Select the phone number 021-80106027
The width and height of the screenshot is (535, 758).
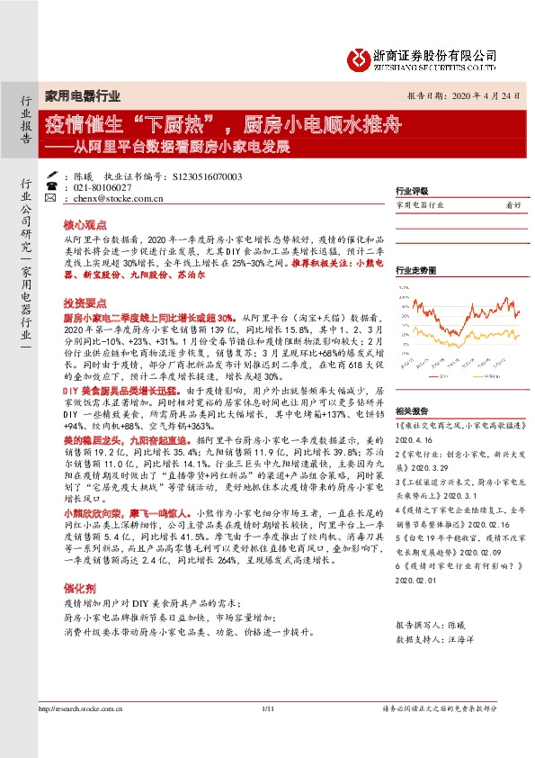point(103,187)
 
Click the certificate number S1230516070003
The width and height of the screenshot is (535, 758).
point(207,176)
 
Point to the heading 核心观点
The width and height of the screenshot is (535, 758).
point(85,221)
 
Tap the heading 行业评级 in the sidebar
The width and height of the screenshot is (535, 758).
point(412,192)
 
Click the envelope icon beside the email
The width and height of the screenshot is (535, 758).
point(49,198)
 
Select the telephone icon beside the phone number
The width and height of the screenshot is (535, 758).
point(49,187)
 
